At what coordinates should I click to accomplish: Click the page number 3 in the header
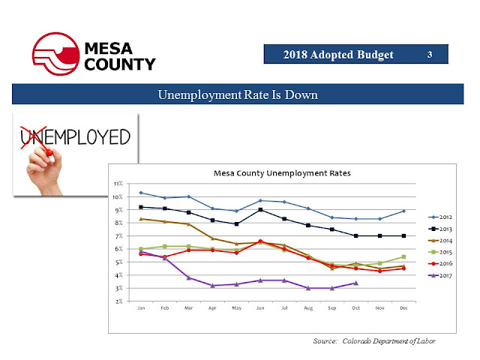[x=429, y=55]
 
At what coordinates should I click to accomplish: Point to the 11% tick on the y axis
[x=118, y=184]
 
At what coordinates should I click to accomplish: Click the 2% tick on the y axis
[x=118, y=301]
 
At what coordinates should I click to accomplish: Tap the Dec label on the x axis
[x=404, y=308]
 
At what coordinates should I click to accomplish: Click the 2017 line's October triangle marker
[x=355, y=283]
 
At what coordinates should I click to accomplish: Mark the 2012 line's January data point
[x=141, y=193]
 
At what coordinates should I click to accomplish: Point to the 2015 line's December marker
[x=404, y=256]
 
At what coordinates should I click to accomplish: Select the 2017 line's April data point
[x=213, y=286]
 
